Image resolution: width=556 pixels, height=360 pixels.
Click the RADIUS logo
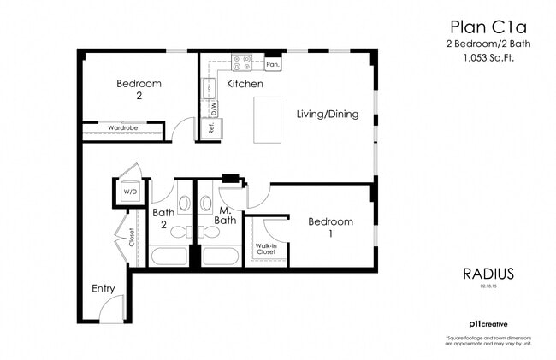(488, 274)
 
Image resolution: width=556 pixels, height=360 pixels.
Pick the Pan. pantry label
(273, 64)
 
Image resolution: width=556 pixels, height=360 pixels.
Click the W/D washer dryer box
(130, 192)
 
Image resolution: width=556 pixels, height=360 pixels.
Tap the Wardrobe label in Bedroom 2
(123, 128)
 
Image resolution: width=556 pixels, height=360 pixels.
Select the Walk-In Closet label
(266, 249)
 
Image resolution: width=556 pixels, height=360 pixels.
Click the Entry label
(103, 288)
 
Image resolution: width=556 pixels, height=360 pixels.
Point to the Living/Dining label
(327, 115)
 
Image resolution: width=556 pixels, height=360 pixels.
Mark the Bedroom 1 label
(330, 227)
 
